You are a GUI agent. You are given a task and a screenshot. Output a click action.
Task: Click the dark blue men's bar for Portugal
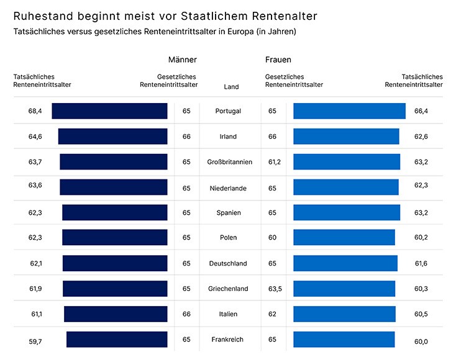point(109,111)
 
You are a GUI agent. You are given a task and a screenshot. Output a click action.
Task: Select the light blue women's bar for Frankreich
point(344,340)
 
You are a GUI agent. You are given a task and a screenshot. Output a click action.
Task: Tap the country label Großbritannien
point(229,162)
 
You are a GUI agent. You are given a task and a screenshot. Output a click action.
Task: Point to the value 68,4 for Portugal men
point(35,111)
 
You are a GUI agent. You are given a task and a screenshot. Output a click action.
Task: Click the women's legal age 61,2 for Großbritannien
point(274,162)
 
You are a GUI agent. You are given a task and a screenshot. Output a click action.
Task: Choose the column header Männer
point(182,60)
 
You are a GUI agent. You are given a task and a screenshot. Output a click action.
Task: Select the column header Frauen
point(278,60)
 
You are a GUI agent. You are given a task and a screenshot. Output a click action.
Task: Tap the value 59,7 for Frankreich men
point(35,340)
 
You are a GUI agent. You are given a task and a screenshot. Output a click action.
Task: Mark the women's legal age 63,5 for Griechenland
point(274,289)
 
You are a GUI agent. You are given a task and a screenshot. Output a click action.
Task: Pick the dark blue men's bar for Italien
point(116,314)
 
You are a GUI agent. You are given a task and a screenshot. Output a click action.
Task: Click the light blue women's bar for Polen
point(344,238)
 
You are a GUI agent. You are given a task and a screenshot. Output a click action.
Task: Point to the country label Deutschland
point(228,263)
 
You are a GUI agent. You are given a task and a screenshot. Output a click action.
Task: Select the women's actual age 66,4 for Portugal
point(421,111)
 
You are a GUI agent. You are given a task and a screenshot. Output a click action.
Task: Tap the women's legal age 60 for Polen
point(272,238)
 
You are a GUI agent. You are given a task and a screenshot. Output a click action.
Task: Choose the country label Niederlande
point(228,187)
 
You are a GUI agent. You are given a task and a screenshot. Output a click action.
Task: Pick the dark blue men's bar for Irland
point(112,137)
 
